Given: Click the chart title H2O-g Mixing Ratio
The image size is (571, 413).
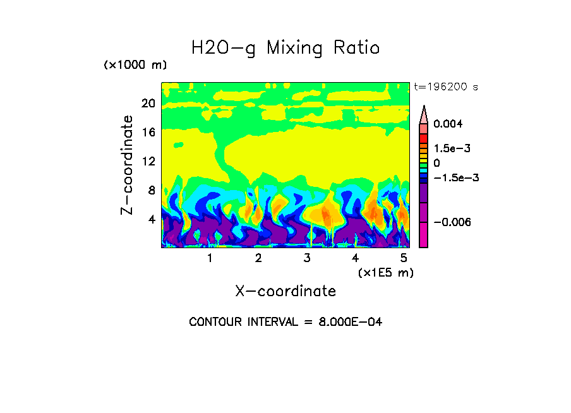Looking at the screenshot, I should click(285, 48).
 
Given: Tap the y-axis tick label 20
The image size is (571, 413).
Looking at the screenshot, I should click(148, 104).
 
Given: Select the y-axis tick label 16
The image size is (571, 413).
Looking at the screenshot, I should click(148, 133).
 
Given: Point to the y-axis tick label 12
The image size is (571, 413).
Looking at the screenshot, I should click(148, 161).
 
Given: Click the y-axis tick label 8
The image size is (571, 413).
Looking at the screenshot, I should click(151, 190).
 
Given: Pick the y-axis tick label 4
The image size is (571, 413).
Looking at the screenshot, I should click(151, 219).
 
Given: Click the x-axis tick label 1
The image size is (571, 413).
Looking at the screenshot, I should click(210, 258).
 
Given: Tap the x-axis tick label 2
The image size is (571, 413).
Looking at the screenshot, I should click(258, 258).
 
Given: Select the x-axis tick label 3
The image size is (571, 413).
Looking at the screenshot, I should click(307, 258).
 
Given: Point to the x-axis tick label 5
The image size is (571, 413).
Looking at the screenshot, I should click(404, 258).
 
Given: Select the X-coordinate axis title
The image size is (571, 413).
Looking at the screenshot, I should click(285, 291).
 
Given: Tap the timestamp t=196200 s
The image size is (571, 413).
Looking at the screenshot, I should click(445, 87).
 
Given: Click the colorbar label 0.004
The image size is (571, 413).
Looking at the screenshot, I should click(448, 124).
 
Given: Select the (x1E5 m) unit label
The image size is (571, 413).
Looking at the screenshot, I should click(385, 272).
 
